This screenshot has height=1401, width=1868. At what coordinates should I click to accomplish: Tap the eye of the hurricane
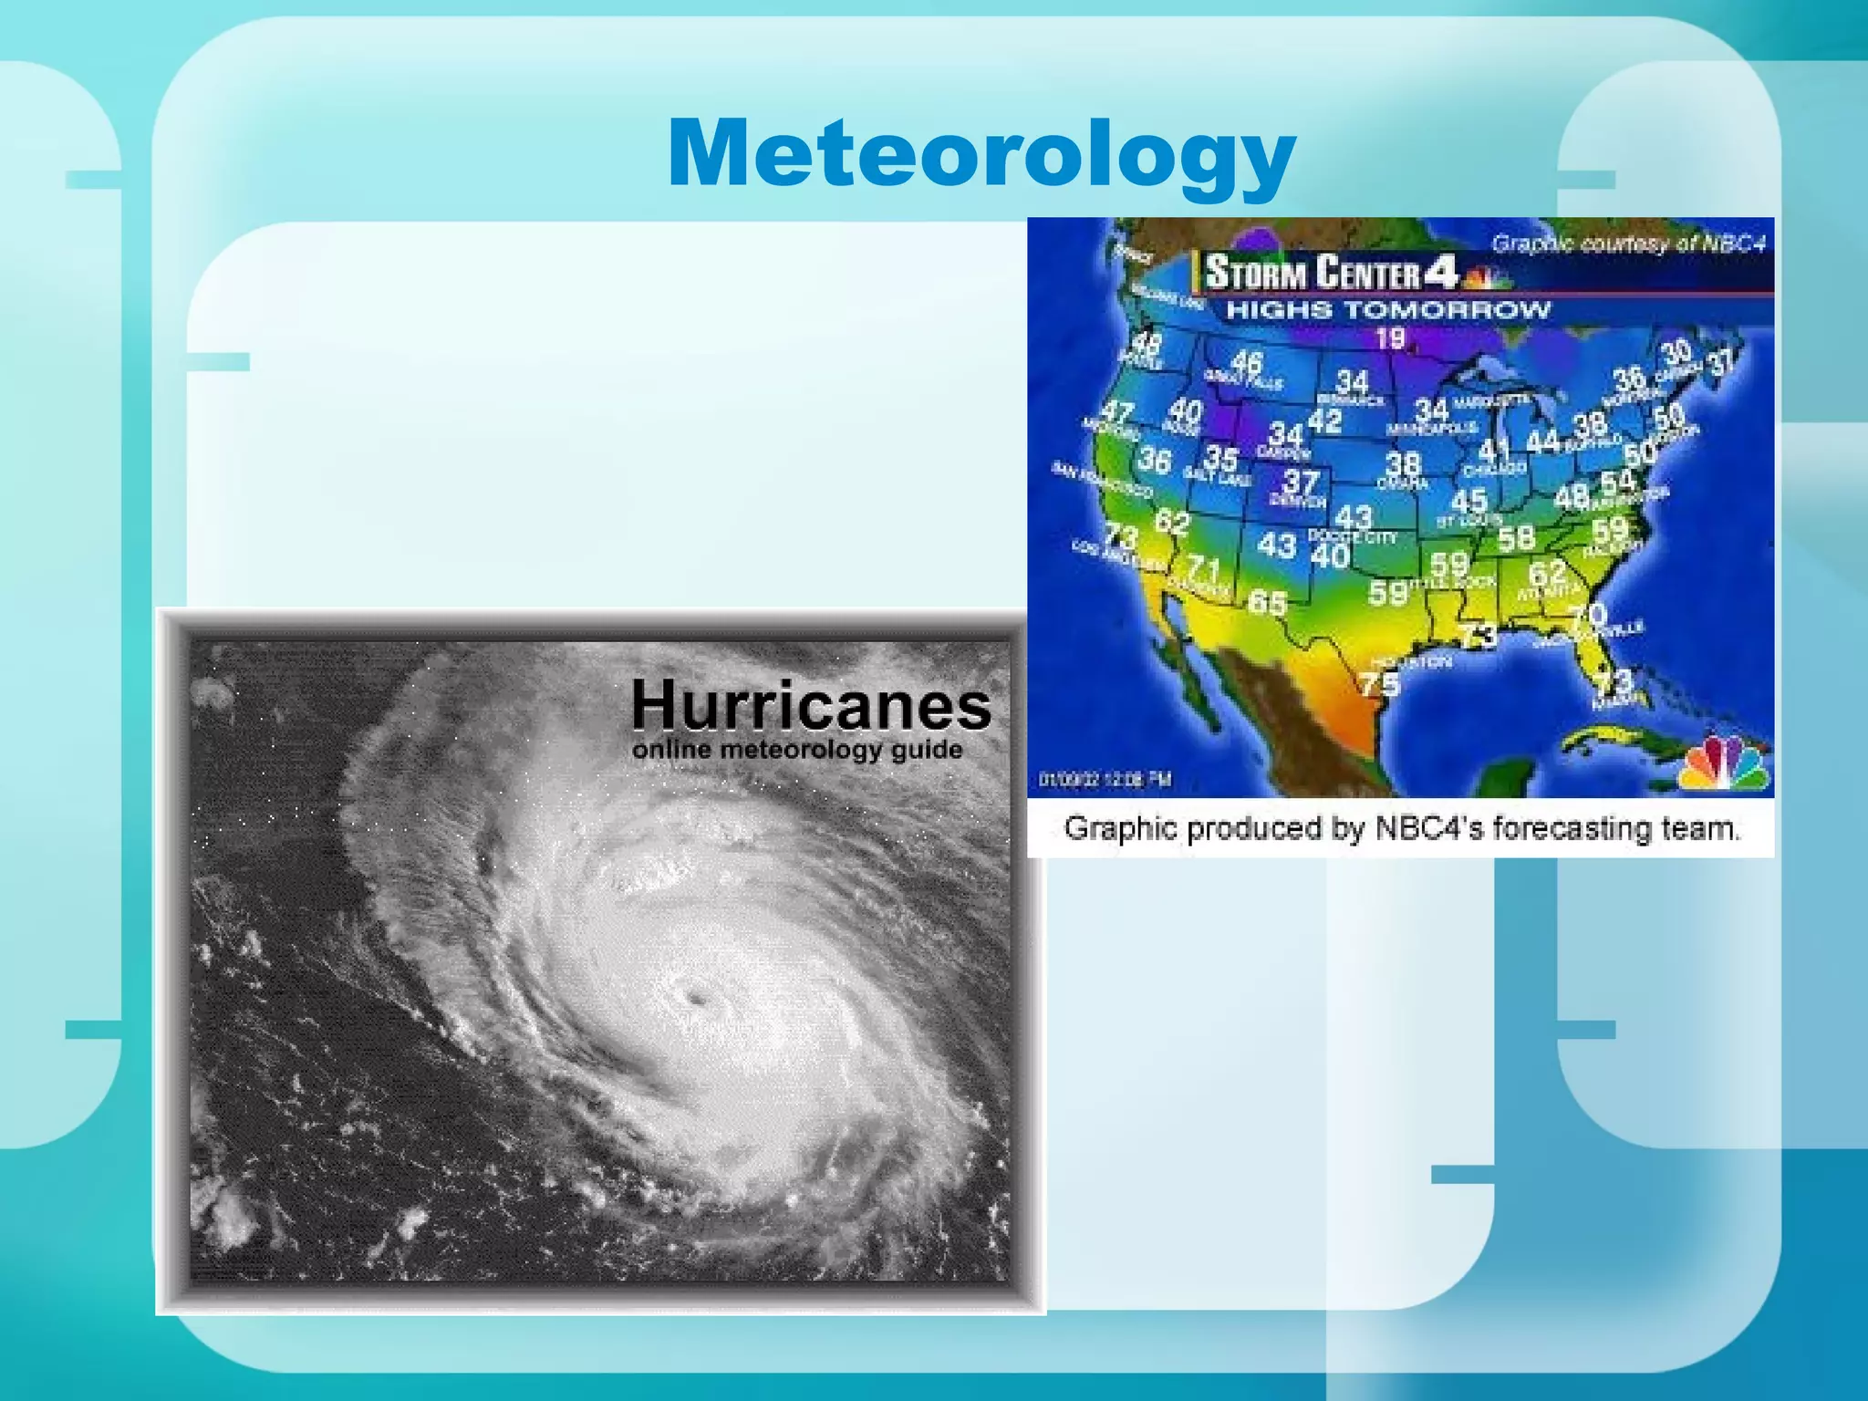pos(698,999)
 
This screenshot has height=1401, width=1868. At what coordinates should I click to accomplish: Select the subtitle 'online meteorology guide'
pos(797,750)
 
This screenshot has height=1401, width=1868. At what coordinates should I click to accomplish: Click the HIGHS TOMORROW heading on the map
pos(1387,310)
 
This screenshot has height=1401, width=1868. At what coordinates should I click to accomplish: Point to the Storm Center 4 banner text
pos(1331,273)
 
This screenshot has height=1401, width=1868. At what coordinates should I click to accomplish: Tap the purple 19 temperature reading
pos(1390,339)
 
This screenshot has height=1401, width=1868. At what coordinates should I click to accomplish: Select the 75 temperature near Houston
pos(1379,683)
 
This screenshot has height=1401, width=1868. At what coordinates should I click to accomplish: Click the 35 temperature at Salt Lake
pos(1220,458)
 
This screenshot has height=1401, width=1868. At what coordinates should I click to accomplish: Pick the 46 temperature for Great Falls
pos(1247,363)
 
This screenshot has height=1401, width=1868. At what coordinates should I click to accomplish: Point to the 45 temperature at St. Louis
pos(1468,501)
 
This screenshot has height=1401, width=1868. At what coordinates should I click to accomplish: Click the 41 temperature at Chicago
pos(1494,451)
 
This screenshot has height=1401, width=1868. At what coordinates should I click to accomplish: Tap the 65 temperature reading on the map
pos(1267,602)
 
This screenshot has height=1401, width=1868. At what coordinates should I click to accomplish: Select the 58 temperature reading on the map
pos(1516,538)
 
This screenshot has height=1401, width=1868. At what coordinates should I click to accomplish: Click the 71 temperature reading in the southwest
pos(1204,569)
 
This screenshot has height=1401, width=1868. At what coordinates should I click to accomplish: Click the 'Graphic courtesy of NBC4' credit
pos(1628,244)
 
